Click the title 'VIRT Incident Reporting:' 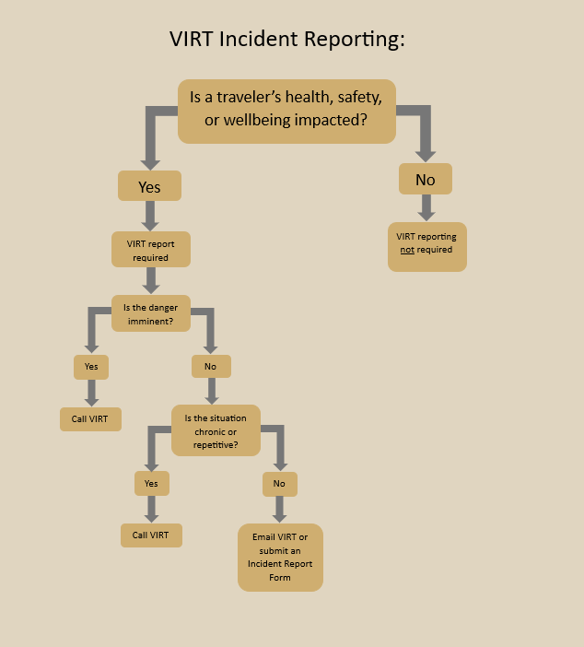click(x=287, y=40)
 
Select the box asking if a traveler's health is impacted click(x=286, y=110)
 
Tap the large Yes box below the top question click(x=149, y=186)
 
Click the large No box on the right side click(x=425, y=180)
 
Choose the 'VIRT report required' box click(x=150, y=250)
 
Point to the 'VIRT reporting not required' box click(x=426, y=246)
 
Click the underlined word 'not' click(x=407, y=250)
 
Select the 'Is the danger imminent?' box click(x=150, y=313)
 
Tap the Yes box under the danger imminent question click(x=91, y=367)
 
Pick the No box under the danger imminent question click(x=210, y=367)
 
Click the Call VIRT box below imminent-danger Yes click(x=90, y=419)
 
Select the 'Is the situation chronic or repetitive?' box click(x=216, y=430)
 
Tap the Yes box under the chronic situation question click(x=151, y=483)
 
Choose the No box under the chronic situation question click(x=279, y=483)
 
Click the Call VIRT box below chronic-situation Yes click(x=151, y=535)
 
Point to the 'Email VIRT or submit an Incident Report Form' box click(x=280, y=558)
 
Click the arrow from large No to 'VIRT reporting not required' click(x=426, y=207)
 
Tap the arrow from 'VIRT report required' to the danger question click(x=150, y=280)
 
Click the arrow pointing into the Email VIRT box click(x=279, y=509)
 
